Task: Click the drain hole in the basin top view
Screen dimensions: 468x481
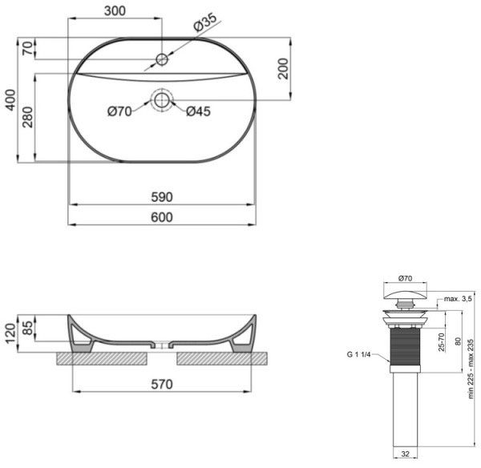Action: click(162, 100)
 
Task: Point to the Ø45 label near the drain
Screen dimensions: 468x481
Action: click(198, 112)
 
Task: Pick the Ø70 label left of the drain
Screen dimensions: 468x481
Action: click(119, 112)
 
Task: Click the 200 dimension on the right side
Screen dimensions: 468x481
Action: click(282, 70)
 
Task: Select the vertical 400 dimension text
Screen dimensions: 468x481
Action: click(10, 99)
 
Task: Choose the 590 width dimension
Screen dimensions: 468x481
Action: click(163, 197)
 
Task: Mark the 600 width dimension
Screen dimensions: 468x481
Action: click(163, 217)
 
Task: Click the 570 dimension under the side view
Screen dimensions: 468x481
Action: click(162, 384)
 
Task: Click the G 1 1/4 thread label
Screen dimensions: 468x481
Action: click(362, 353)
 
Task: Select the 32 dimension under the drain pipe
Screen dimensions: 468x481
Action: click(405, 454)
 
